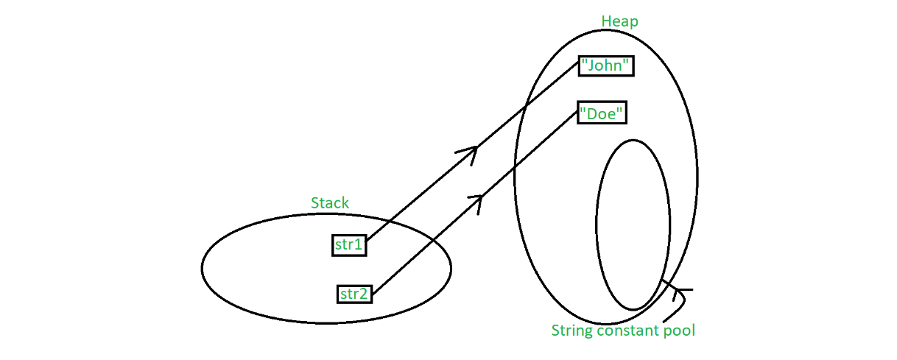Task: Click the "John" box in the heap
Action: coord(606,66)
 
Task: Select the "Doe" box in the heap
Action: coord(602,113)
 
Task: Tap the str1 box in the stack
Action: coord(349,245)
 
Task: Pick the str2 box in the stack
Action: coord(354,294)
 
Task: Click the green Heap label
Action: coord(619,21)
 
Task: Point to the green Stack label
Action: coord(330,202)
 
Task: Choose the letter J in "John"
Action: coord(591,66)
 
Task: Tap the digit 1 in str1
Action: coord(359,245)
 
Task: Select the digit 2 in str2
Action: coord(363,294)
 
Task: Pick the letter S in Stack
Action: coord(315,202)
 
